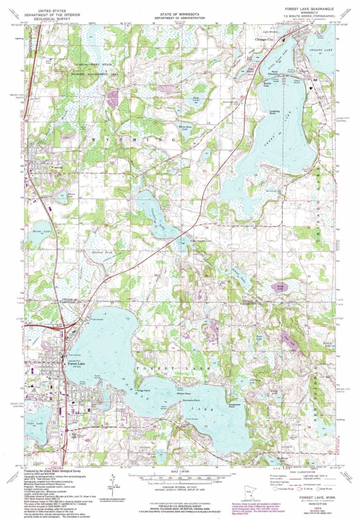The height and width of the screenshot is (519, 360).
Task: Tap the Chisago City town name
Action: [264, 40]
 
